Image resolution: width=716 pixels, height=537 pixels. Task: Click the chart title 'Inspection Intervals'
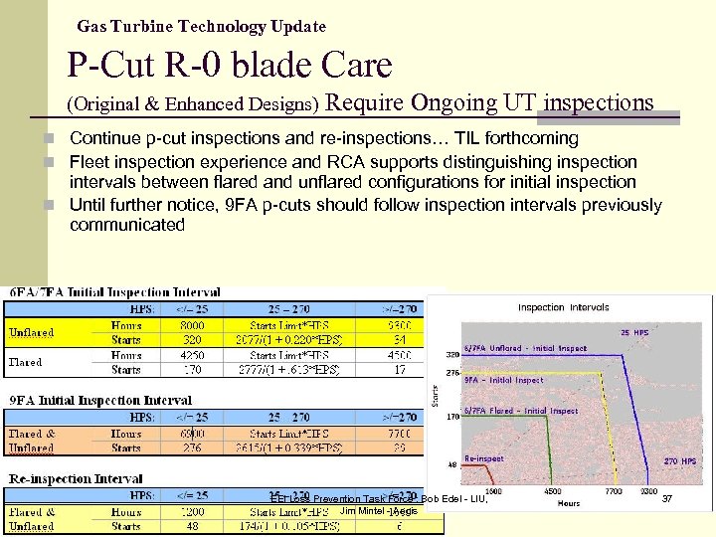click(563, 308)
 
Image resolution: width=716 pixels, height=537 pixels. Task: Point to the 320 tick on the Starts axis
click(453, 353)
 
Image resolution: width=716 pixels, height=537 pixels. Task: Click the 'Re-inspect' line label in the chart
click(484, 458)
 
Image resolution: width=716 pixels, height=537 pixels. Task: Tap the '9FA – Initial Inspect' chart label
click(504, 380)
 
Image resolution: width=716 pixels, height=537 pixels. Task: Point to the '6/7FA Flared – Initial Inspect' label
click(521, 411)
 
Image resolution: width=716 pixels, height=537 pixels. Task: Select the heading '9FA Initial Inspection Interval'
click(99, 401)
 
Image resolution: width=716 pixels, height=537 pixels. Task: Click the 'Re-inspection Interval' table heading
click(76, 478)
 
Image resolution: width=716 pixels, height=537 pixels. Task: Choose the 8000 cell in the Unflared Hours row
click(193, 324)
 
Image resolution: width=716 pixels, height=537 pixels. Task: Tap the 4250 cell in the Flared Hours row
click(193, 355)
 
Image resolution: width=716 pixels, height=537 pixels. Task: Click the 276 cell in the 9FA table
click(193, 448)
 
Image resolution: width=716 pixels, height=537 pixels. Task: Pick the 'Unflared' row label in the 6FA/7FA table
click(31, 332)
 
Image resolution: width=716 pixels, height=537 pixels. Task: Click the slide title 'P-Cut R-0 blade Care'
click(230, 66)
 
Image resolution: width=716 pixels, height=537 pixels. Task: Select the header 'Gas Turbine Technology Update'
click(201, 26)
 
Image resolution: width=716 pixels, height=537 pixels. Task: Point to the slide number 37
click(667, 498)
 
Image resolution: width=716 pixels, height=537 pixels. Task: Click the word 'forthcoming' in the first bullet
click(524, 138)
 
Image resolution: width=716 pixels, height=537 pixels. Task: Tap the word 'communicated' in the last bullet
click(127, 225)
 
